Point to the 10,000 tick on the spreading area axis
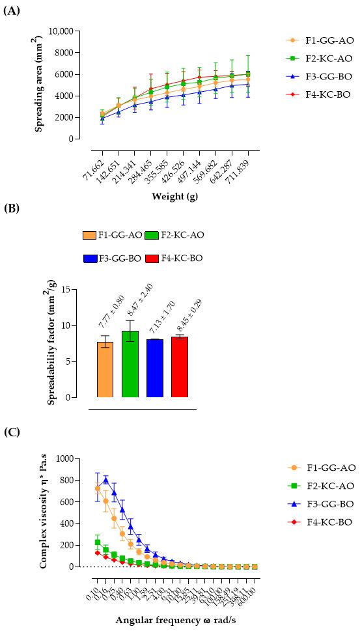coord(54,31)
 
